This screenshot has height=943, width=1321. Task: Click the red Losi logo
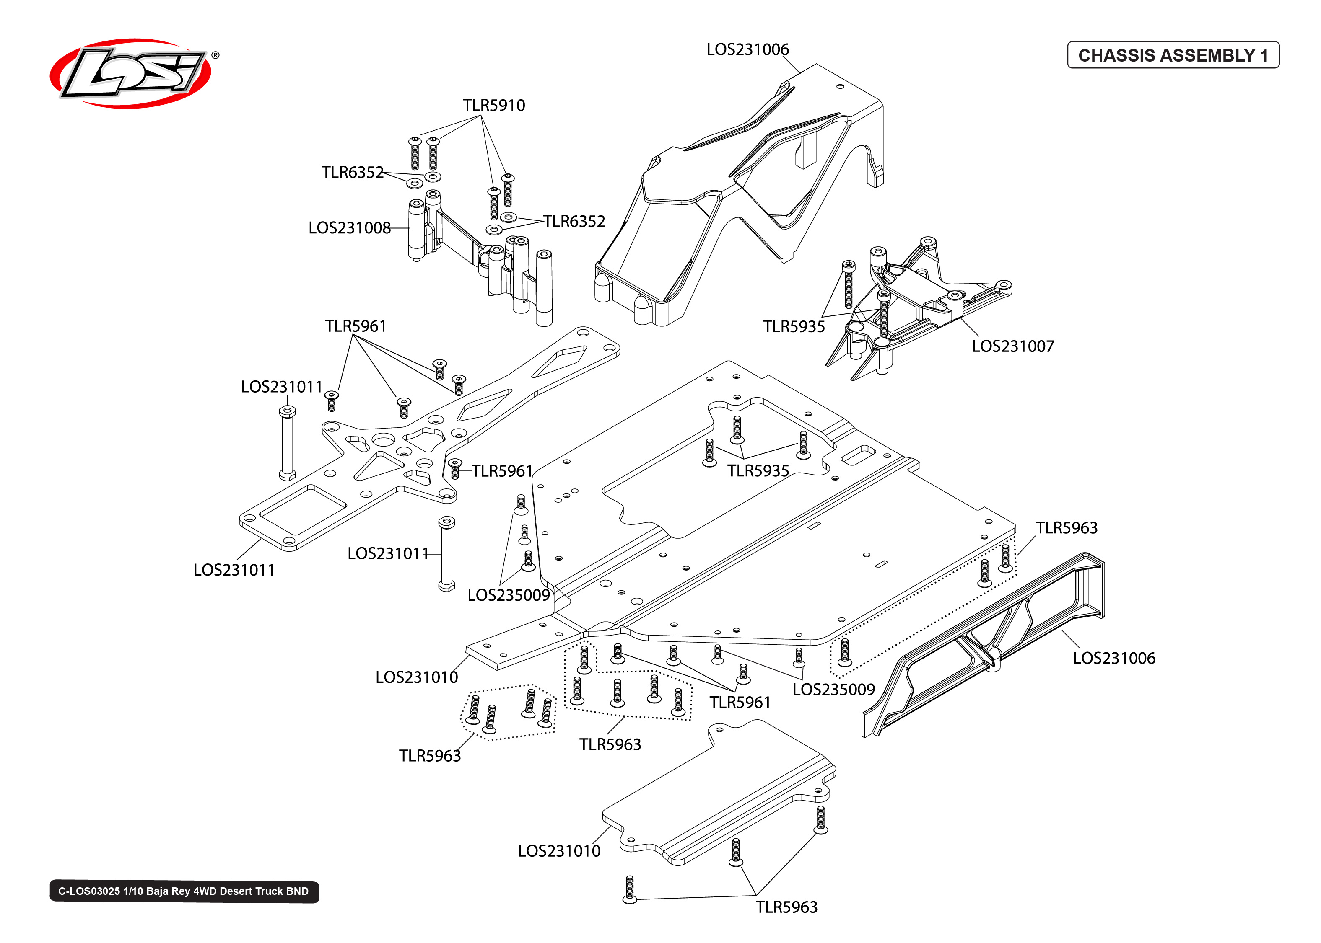(x=131, y=73)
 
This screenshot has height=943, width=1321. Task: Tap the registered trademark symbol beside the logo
(x=215, y=55)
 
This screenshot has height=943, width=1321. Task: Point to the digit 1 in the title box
(x=1264, y=56)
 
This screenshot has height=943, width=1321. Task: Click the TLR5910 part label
(x=494, y=105)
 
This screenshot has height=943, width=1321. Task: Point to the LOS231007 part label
(x=1012, y=346)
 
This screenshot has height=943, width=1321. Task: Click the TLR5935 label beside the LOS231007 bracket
(x=794, y=326)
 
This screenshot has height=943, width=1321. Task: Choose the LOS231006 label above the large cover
(x=747, y=49)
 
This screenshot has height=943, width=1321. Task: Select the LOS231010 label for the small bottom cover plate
(x=559, y=851)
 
